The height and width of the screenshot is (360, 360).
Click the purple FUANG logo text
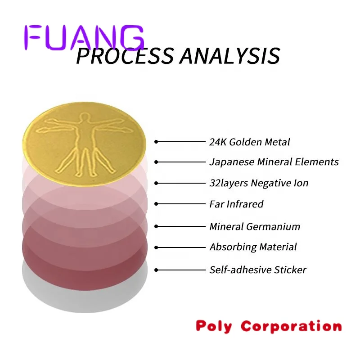(x=84, y=37)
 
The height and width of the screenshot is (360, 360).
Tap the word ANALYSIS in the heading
(x=229, y=56)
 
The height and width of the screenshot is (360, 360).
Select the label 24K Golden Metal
(x=249, y=142)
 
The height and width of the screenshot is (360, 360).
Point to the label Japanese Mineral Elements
(x=274, y=162)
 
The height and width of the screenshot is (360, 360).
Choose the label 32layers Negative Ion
(x=259, y=183)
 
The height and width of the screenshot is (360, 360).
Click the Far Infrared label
(x=236, y=204)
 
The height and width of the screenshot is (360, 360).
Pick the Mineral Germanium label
(x=255, y=226)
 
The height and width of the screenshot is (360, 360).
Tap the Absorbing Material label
(x=253, y=247)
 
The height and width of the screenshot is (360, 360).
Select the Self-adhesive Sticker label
(x=258, y=270)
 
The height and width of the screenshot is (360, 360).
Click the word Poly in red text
(x=214, y=326)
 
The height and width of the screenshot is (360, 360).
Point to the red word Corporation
(x=291, y=326)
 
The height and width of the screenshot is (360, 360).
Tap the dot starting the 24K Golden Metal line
(x=156, y=142)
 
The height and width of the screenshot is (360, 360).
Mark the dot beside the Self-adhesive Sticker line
(x=156, y=270)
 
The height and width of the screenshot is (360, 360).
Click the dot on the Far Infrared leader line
(x=156, y=204)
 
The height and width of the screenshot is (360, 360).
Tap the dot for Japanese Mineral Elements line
(x=156, y=162)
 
